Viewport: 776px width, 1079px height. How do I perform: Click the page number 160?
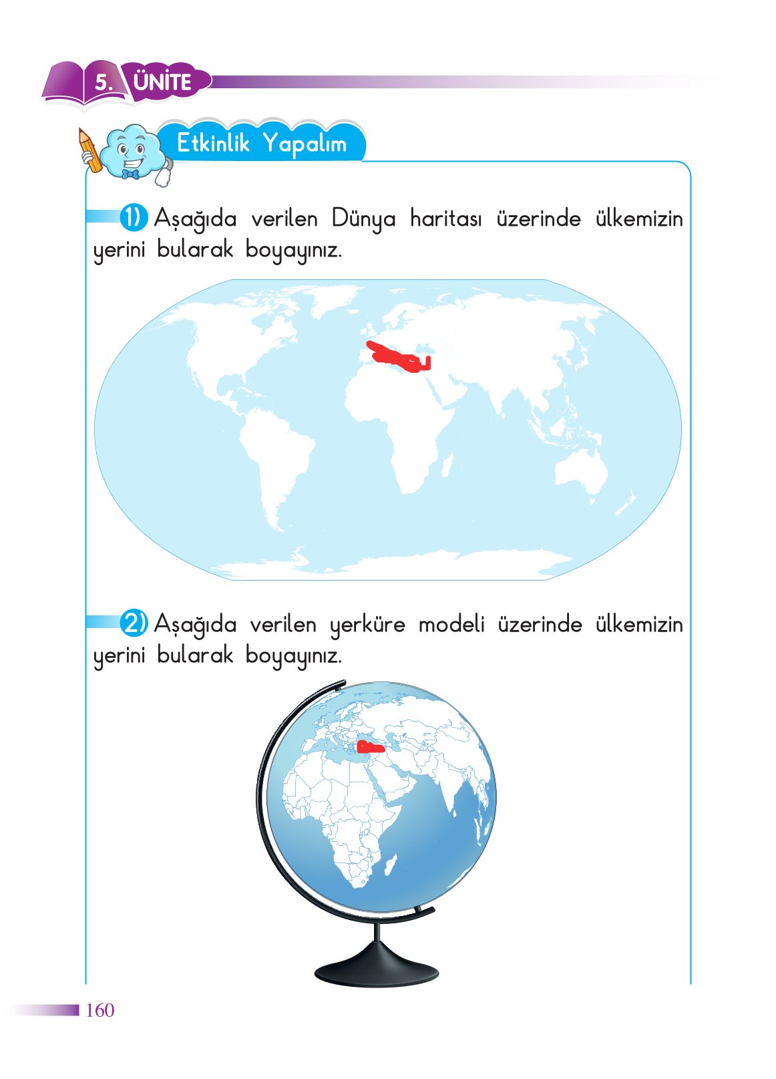point(100,1010)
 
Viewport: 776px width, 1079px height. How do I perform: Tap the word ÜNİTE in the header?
point(162,82)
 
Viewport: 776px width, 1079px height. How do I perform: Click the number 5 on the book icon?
point(103,83)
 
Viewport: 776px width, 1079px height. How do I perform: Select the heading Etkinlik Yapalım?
point(261,143)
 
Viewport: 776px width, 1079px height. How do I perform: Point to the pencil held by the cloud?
point(89,150)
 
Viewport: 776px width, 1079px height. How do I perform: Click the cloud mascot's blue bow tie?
point(130,174)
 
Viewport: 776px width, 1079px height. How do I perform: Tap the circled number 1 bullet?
point(134,218)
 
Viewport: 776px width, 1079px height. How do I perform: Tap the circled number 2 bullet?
point(134,623)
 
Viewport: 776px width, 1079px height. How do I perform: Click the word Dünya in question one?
point(363,219)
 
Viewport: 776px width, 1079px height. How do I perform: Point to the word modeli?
point(451,624)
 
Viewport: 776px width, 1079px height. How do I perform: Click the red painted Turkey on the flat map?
point(398,356)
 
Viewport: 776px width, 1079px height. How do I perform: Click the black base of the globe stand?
point(377,969)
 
